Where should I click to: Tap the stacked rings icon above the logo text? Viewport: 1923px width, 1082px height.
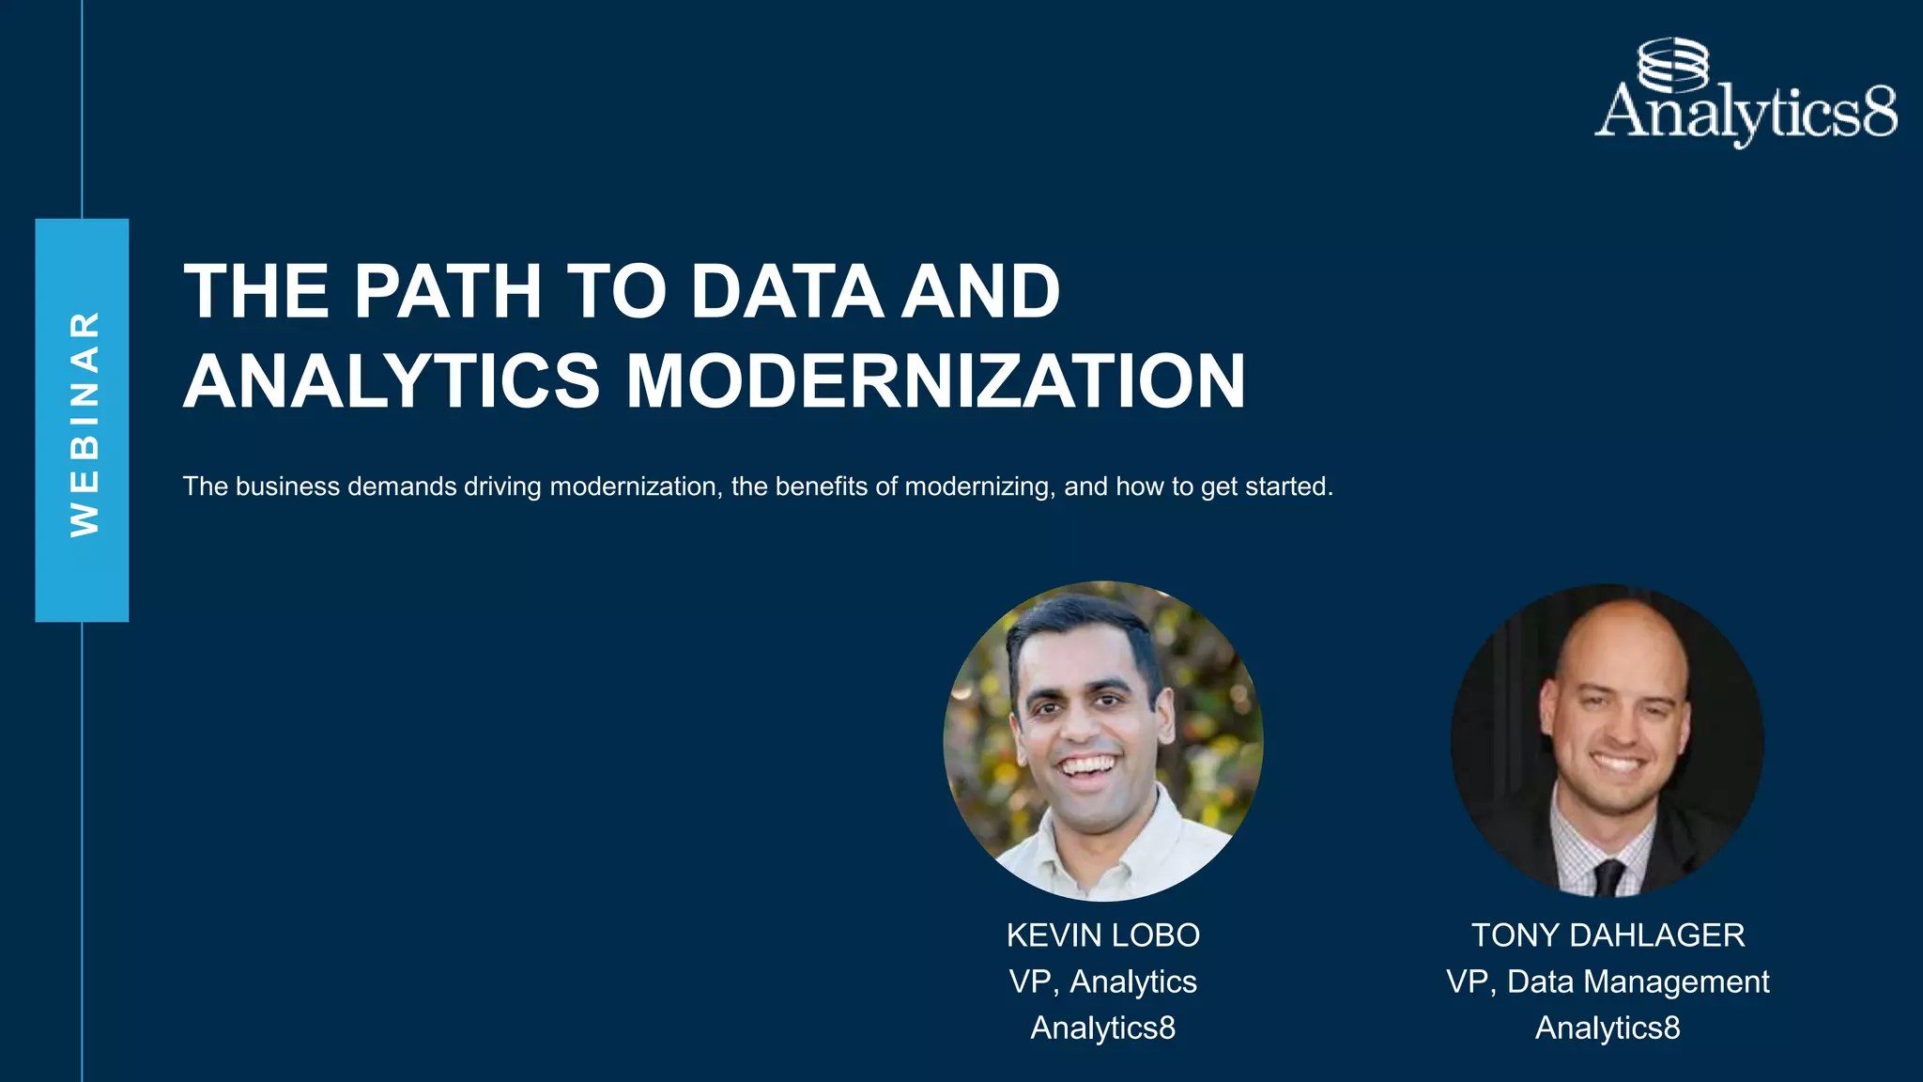click(x=1672, y=63)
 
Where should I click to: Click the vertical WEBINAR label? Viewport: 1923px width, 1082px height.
click(x=84, y=423)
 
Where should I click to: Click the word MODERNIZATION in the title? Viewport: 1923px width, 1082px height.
click(x=935, y=381)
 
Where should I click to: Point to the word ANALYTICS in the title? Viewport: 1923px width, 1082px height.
click(x=392, y=381)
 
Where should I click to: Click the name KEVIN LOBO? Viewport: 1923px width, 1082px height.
click(x=1103, y=935)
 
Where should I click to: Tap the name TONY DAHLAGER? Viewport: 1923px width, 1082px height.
click(x=1608, y=935)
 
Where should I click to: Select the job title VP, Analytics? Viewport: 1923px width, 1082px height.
click(x=1103, y=982)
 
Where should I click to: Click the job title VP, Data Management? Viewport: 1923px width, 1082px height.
click(x=1608, y=982)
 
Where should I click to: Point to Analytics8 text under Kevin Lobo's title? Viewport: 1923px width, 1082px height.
click(x=1103, y=1028)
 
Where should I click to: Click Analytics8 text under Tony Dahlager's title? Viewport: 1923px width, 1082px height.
click(x=1608, y=1028)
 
